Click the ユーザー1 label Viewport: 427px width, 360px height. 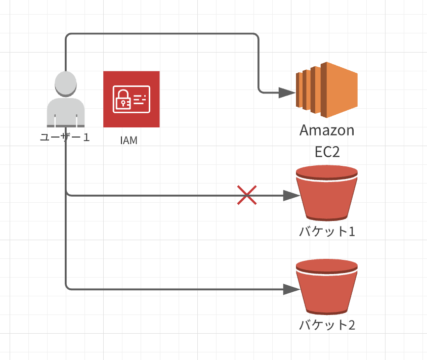click(x=65, y=137)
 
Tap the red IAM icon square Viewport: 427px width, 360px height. click(x=131, y=99)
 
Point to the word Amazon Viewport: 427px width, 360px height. click(x=327, y=130)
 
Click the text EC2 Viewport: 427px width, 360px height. click(x=327, y=152)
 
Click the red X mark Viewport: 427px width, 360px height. click(x=247, y=195)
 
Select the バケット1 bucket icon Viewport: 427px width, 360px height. click(x=327, y=195)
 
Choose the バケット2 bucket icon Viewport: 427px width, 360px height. click(x=327, y=288)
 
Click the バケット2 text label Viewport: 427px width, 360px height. click(x=327, y=325)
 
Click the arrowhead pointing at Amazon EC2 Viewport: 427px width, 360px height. click(x=287, y=93)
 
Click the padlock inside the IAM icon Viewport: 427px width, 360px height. click(x=122, y=99)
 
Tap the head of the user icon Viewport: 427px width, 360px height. click(x=66, y=83)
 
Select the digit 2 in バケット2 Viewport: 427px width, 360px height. click(x=351, y=325)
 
